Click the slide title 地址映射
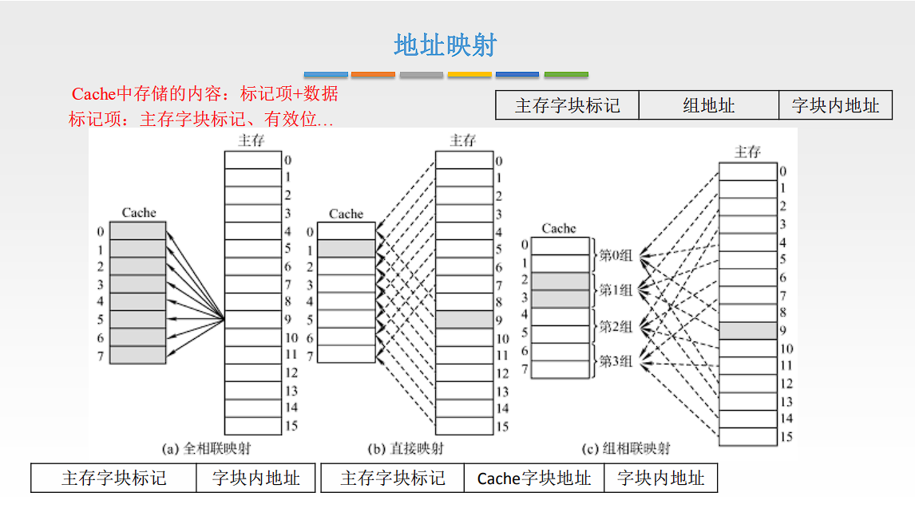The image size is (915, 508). pos(446,45)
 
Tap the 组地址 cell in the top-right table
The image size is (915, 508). pos(708,105)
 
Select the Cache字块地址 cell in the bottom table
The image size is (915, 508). pos(534,478)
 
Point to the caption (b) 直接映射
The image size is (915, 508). pos(406,449)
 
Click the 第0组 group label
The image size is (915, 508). pos(616,256)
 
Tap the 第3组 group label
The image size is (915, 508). pos(616,361)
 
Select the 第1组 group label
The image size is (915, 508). pos(616,291)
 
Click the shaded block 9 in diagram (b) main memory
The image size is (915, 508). pos(464,320)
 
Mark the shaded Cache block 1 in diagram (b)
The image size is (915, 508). pos(346,249)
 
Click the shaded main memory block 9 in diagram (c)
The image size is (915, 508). pos(747,330)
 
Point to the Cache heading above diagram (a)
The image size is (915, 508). pos(139,213)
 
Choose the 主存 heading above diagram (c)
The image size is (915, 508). pos(747,152)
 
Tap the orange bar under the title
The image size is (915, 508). pos(373,74)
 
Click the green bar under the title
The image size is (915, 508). pos(566,74)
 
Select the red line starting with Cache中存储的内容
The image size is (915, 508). pos(205,94)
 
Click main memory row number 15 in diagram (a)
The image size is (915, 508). pos(291,427)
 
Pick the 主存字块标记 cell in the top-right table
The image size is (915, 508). pos(567,105)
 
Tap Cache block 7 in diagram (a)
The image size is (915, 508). pos(137,355)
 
